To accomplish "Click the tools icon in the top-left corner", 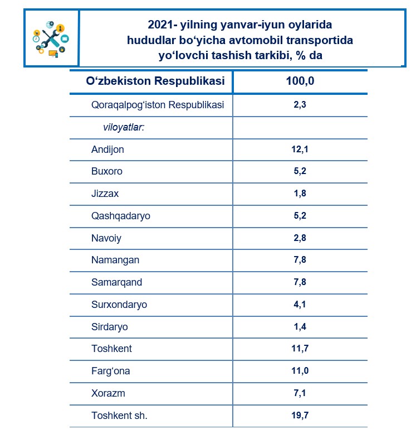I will click(x=51, y=38).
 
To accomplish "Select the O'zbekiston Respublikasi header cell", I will click(x=155, y=81).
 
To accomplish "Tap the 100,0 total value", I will click(x=300, y=81).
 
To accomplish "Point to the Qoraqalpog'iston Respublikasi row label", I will click(x=158, y=105).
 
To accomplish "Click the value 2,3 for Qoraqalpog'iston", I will click(x=300, y=105).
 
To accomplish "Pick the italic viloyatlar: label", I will click(x=124, y=127).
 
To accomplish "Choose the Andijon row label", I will click(x=107, y=150).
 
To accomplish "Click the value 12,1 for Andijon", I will click(x=300, y=150).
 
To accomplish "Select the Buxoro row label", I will click(x=106, y=171).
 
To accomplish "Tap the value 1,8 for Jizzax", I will click(x=300, y=194).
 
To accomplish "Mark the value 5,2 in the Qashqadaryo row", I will click(x=300, y=216).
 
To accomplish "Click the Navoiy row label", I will click(x=106, y=238).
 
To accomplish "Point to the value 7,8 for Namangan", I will click(x=300, y=260).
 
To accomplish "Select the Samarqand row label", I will click(x=116, y=282).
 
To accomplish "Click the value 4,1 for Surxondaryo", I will click(x=300, y=305).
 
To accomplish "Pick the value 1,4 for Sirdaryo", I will click(x=300, y=327).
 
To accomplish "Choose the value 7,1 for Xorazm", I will click(x=300, y=393).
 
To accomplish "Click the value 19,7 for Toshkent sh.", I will click(x=300, y=416).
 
